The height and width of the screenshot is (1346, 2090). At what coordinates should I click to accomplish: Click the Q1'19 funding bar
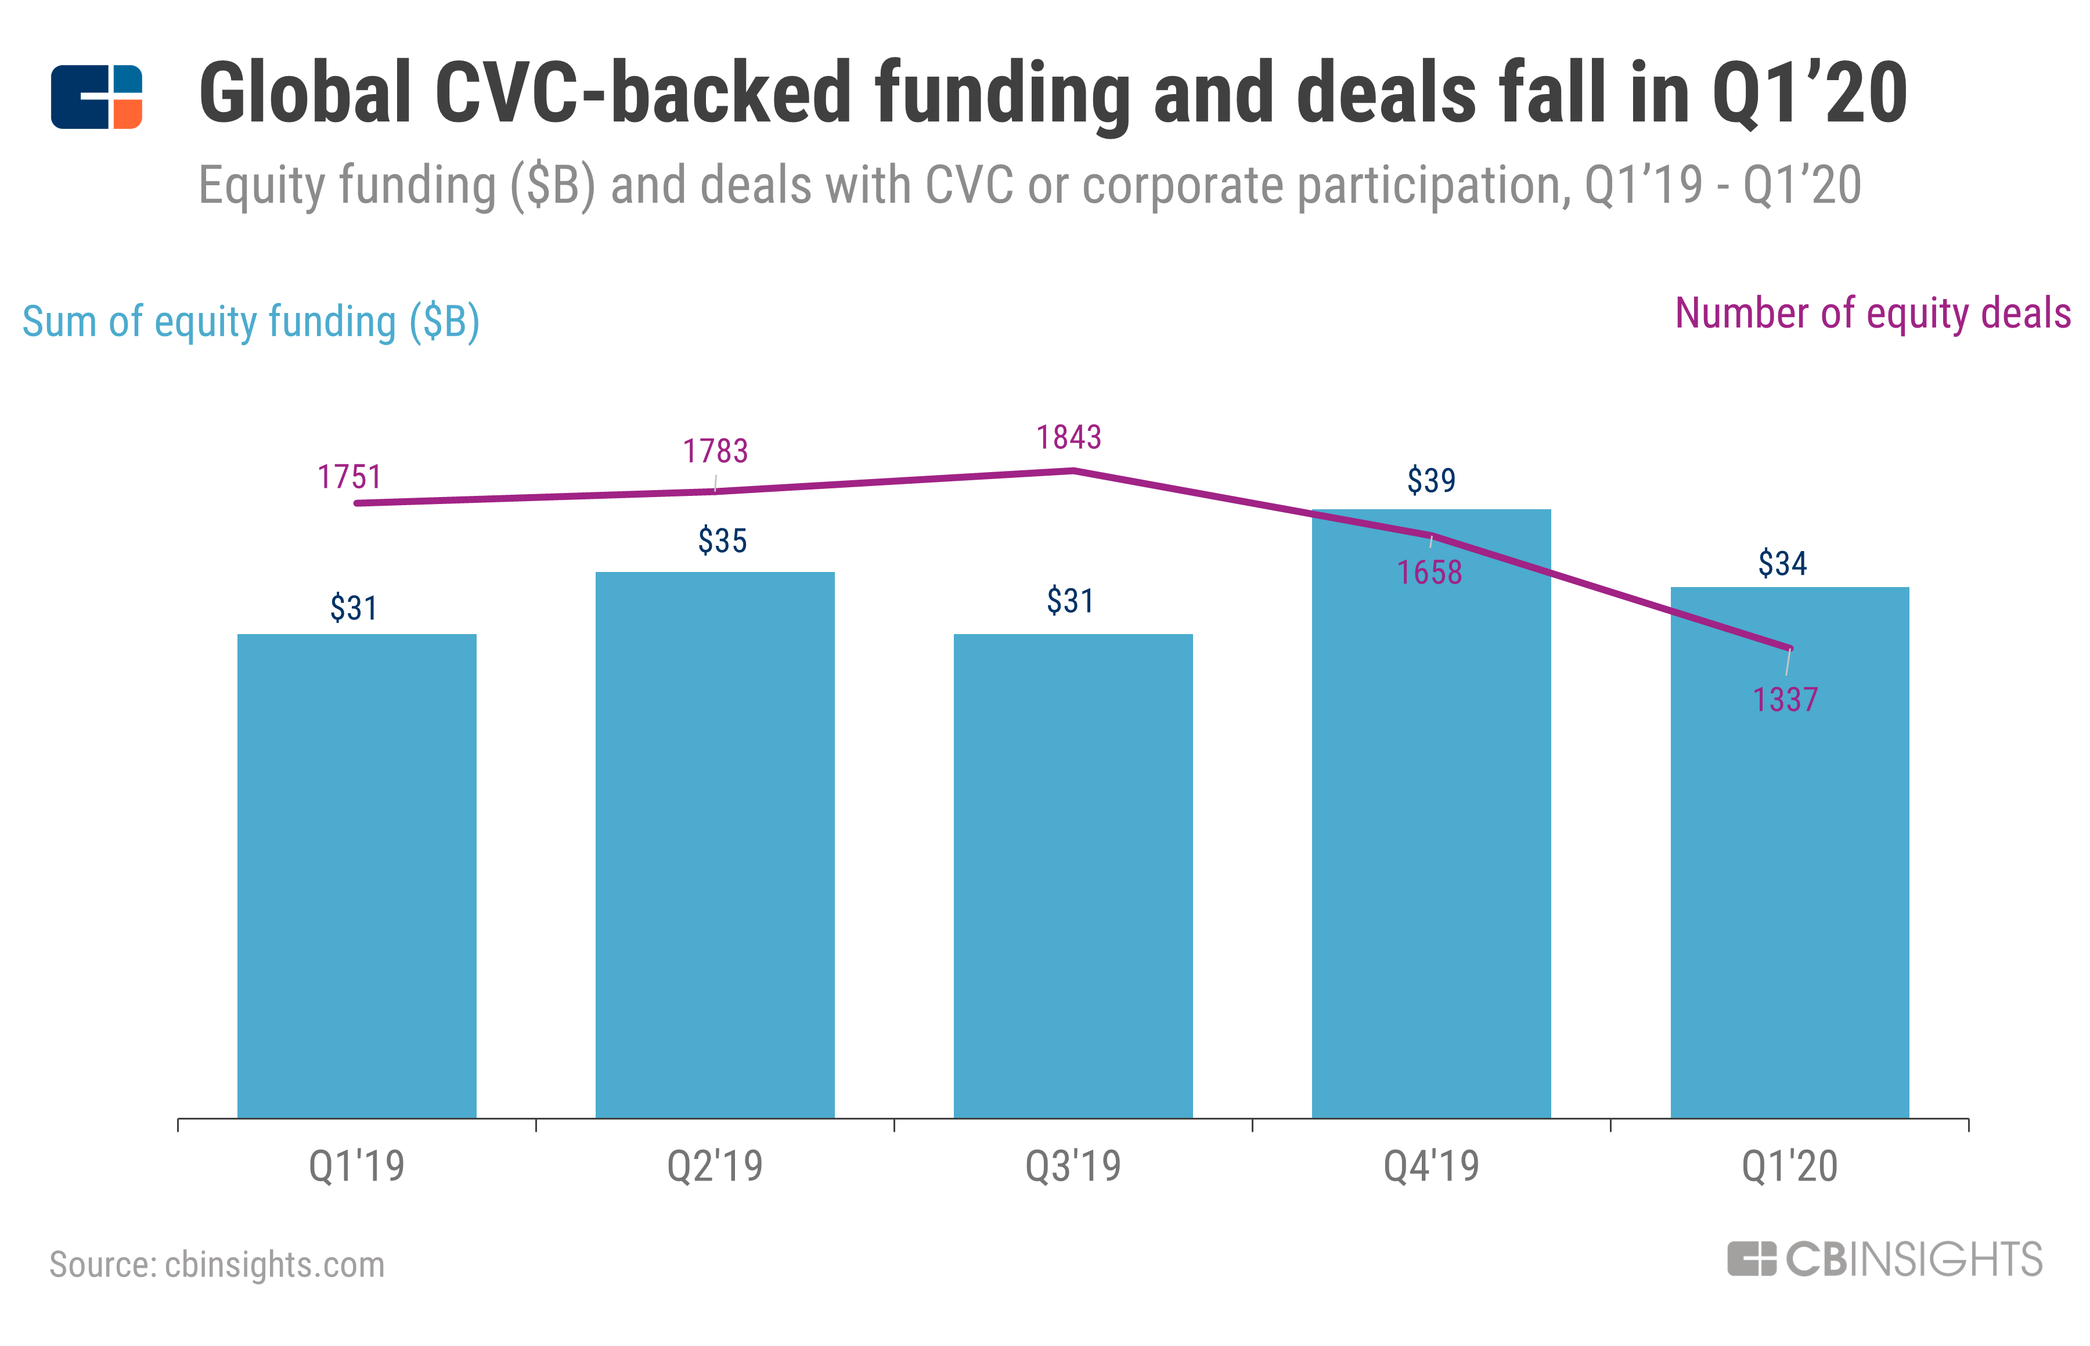click(x=356, y=874)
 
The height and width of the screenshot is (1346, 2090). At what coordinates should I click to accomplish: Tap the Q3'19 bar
click(x=1073, y=874)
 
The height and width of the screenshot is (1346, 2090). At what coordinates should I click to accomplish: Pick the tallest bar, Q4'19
click(x=1431, y=813)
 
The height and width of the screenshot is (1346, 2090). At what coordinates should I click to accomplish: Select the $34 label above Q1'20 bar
click(x=1782, y=563)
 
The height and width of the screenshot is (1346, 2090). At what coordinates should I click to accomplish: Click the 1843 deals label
click(x=1069, y=437)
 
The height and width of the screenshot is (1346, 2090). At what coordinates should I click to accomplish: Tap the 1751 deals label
click(x=349, y=477)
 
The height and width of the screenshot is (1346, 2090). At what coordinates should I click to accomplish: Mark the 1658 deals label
click(x=1429, y=573)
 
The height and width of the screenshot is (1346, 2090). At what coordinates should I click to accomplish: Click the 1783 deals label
click(x=715, y=451)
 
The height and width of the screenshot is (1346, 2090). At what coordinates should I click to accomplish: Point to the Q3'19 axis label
click(x=1073, y=1166)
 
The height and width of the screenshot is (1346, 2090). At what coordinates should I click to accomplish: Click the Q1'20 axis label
click(x=1789, y=1166)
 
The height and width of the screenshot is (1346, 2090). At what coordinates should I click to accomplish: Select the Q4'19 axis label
click(x=1431, y=1166)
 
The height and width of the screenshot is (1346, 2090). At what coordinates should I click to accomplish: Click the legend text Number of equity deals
click(x=1872, y=313)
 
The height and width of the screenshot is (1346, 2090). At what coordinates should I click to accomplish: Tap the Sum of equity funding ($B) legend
click(x=251, y=322)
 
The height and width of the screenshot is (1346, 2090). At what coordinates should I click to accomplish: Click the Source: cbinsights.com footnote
click(x=217, y=1264)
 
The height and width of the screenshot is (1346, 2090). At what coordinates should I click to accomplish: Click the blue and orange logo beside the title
click(x=96, y=97)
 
